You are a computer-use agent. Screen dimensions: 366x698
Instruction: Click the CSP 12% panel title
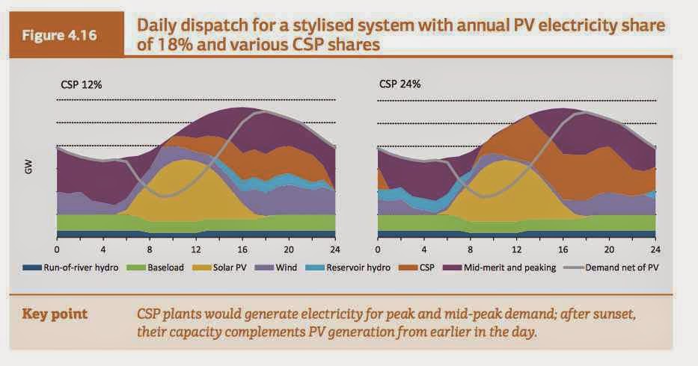click(x=81, y=84)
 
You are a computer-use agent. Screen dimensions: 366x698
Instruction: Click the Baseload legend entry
click(x=158, y=267)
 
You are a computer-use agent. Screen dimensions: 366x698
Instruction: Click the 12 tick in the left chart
click(x=196, y=249)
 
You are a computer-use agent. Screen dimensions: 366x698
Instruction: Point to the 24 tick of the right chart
click(x=655, y=249)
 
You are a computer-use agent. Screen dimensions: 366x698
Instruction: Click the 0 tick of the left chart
click(x=57, y=249)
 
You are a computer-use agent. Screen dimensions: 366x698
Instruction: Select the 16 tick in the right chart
click(x=563, y=249)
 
